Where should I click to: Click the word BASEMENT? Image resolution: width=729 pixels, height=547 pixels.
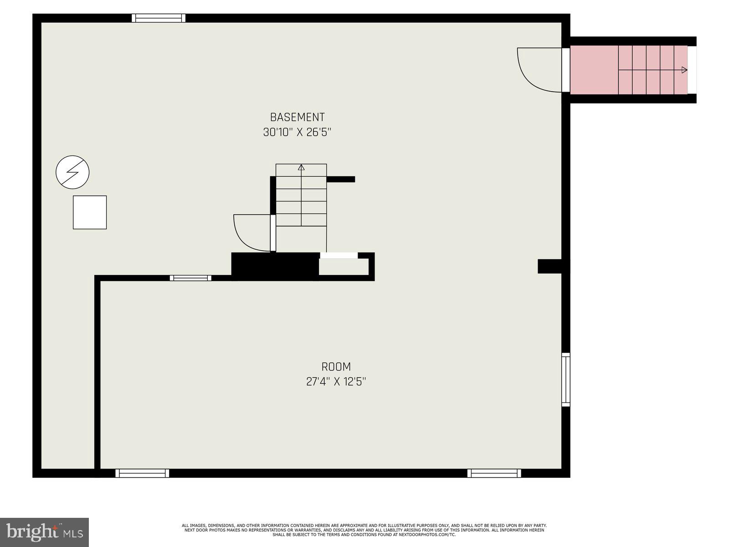coord(297,117)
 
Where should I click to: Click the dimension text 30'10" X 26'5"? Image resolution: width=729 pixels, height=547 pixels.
coord(297,133)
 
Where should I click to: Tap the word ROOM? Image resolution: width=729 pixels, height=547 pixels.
coord(336,366)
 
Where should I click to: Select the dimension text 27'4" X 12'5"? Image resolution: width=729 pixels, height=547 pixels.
coord(336,382)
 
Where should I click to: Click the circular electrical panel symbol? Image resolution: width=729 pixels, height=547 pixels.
coord(72,172)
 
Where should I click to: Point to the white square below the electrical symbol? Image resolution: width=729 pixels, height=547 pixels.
coord(90,212)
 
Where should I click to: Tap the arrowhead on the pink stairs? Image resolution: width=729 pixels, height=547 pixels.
coord(684,70)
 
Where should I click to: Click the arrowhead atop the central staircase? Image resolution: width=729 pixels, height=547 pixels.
coord(301,167)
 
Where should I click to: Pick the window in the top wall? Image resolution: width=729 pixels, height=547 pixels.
coord(159,18)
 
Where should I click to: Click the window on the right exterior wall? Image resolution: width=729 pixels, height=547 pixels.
coord(565,379)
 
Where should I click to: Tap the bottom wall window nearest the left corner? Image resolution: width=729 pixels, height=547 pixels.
coord(142,473)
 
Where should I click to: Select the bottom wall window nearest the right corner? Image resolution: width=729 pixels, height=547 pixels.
coord(494,473)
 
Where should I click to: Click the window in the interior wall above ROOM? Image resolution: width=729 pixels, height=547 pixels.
coord(190,278)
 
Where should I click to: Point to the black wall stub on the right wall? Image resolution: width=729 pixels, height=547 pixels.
coord(550,266)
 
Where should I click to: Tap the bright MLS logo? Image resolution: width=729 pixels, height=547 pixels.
coord(45,532)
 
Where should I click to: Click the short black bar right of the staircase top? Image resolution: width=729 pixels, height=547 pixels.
coord(341,179)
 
